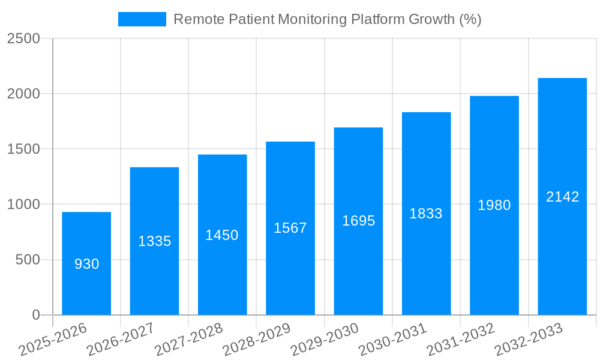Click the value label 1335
tap(155, 241)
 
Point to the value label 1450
tap(222, 235)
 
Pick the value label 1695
tap(358, 221)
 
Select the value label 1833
tap(426, 214)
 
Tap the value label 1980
tap(494, 205)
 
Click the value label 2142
tap(562, 197)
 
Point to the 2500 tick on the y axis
tap(23, 38)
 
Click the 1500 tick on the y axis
tap(23, 149)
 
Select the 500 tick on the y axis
tap(28, 260)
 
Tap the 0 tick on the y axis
tap(36, 315)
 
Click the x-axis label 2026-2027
tap(121, 339)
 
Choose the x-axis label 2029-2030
tap(325, 339)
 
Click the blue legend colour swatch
tap(142, 19)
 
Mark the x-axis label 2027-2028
tap(188, 339)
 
